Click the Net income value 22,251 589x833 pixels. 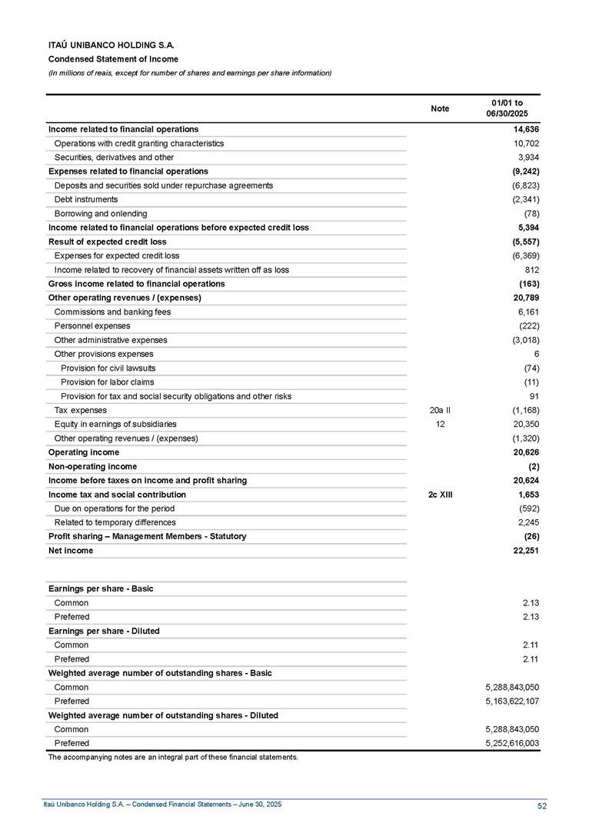(524, 551)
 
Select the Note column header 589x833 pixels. (440, 109)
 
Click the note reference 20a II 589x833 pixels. (440, 410)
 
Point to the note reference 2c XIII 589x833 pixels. (440, 495)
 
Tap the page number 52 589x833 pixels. (542, 805)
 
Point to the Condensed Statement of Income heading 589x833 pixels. (113, 59)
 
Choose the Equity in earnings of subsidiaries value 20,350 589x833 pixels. (523, 424)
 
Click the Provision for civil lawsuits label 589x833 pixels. (108, 368)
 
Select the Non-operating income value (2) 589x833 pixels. (532, 466)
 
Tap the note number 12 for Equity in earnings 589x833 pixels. (440, 424)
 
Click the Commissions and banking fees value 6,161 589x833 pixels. (526, 312)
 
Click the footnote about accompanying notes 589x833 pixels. (173, 758)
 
